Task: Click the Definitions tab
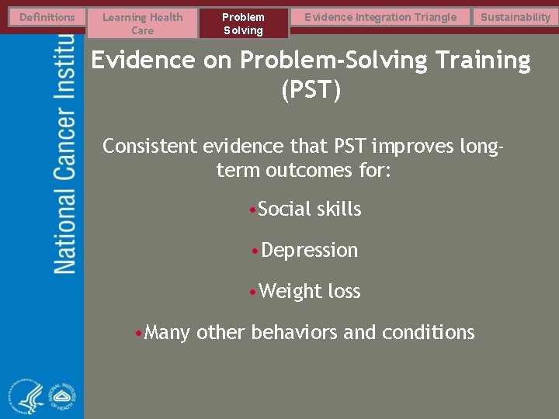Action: click(x=47, y=17)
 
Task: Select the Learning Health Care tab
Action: click(x=142, y=23)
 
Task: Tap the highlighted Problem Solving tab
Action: click(x=243, y=23)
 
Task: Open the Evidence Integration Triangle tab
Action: click(x=380, y=17)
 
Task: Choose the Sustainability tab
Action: click(x=515, y=17)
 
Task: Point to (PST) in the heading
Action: click(x=311, y=91)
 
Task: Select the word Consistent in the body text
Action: click(x=150, y=146)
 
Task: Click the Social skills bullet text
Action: click(x=309, y=209)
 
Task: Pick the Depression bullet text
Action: click(x=309, y=251)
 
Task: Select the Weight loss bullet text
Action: click(x=309, y=292)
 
